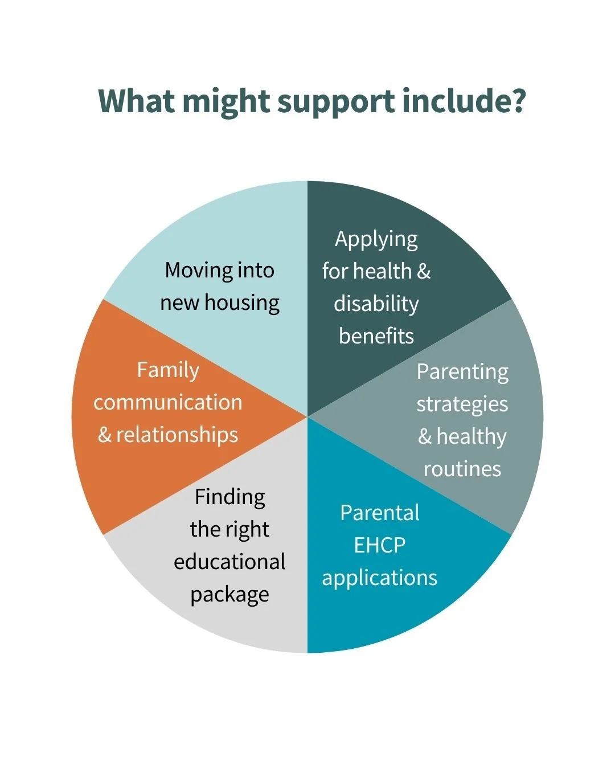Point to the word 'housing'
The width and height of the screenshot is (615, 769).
(x=242, y=303)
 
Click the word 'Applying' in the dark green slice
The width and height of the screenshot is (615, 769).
(x=376, y=240)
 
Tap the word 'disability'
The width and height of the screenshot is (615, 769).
(x=376, y=304)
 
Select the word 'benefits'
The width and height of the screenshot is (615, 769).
(x=376, y=336)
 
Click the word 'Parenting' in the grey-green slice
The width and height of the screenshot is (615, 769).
(x=462, y=372)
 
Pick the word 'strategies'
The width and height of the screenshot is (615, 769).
(x=462, y=404)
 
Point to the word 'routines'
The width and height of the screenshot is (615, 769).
(x=462, y=469)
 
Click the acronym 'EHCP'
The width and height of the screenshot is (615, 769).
(x=379, y=545)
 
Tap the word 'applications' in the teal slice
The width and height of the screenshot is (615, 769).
(x=379, y=578)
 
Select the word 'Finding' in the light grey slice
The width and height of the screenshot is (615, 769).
(x=229, y=497)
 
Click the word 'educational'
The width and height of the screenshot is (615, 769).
(x=229, y=562)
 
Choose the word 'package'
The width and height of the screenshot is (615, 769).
(x=229, y=595)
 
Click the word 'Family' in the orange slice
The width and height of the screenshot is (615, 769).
(x=168, y=370)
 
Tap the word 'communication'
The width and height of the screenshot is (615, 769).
(x=168, y=402)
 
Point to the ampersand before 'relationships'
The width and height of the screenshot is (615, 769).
(x=104, y=435)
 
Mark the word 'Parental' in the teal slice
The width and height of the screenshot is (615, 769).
(x=379, y=513)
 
